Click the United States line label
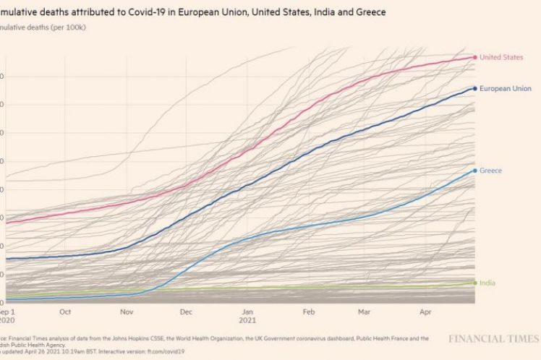pos(500,57)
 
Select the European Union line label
pos(505,88)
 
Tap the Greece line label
pos(490,171)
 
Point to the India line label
pos(487,283)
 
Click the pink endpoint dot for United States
pos(474,57)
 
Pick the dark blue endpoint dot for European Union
pos(474,88)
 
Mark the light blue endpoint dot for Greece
pos(474,171)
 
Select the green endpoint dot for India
pos(474,283)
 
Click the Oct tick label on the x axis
pos(65,312)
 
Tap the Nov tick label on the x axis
pos(126,312)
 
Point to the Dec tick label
pos(185,312)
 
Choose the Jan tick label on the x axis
pos(247,312)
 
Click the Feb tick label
pos(308,312)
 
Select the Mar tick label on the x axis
pos(364,312)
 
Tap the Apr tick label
pos(425,312)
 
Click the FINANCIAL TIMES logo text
pos(494,338)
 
